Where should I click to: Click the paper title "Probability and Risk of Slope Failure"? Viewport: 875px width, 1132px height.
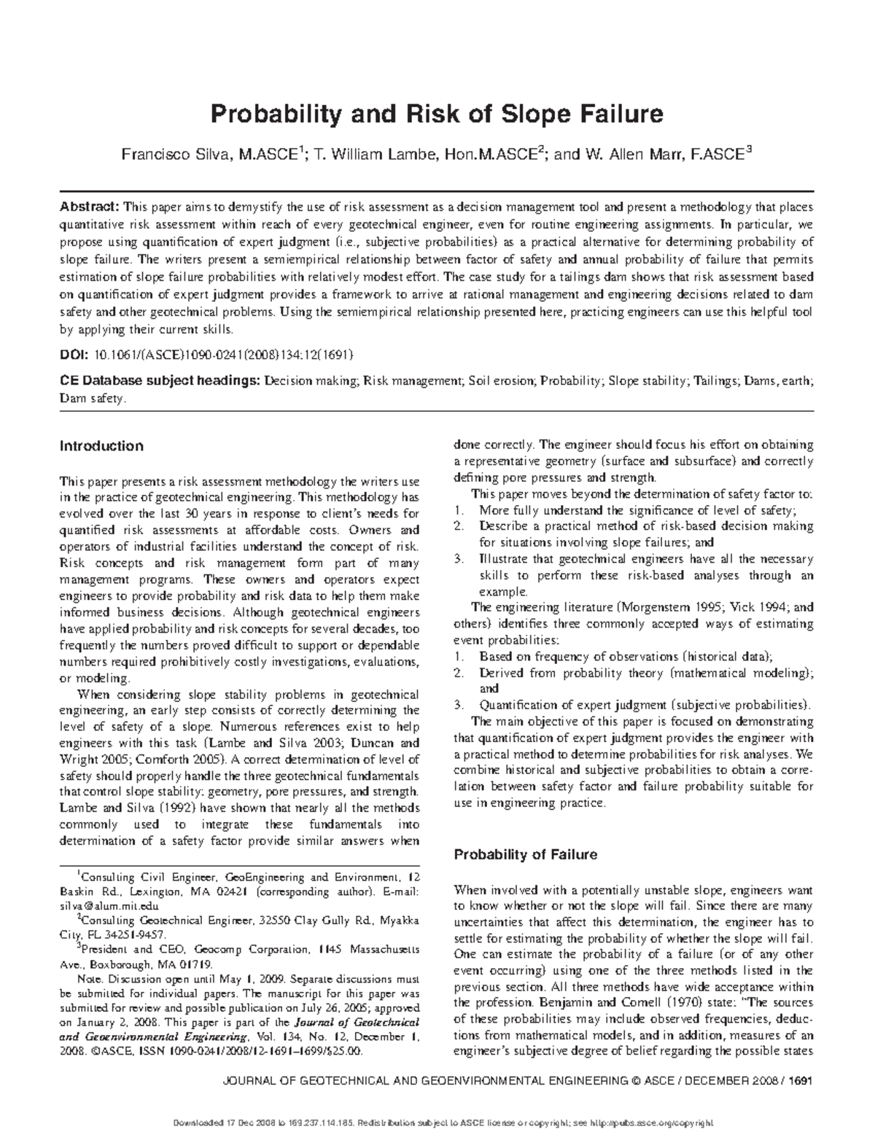click(x=437, y=115)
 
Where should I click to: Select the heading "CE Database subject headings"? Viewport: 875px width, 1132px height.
click(x=159, y=381)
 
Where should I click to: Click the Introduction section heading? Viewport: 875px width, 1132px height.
click(x=101, y=446)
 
